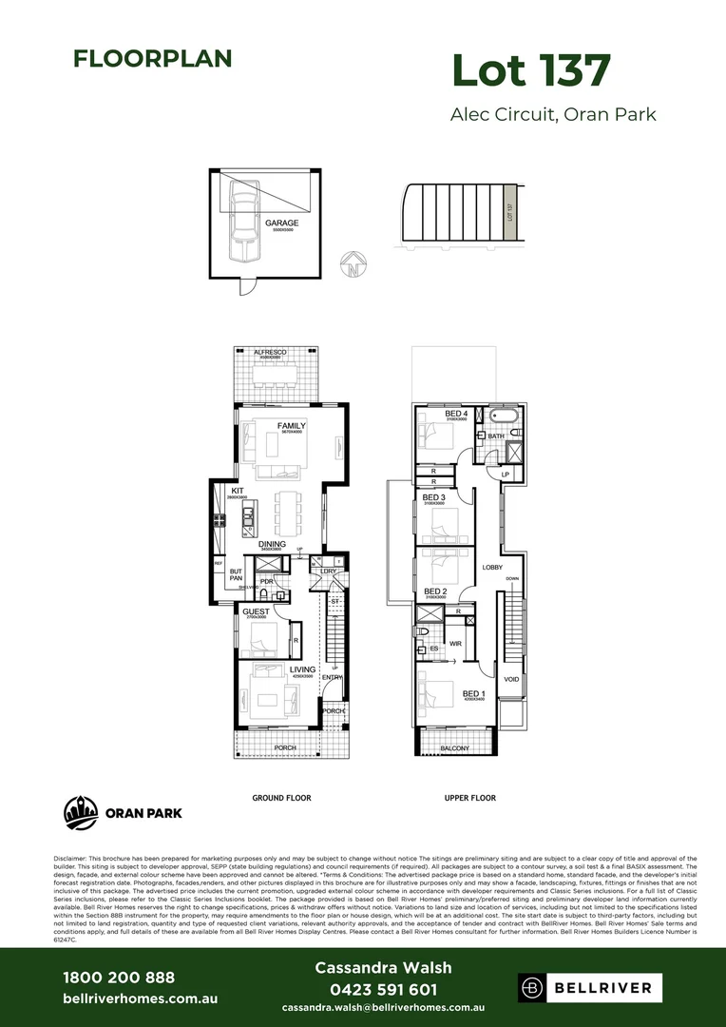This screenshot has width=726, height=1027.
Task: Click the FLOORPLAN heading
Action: (x=152, y=58)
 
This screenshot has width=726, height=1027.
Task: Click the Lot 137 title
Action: (x=529, y=71)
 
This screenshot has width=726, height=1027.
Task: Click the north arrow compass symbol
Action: (x=353, y=263)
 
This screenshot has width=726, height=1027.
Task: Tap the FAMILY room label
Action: (x=291, y=425)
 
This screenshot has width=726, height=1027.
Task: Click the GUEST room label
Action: (x=256, y=611)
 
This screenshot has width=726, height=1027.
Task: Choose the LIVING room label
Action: (x=302, y=670)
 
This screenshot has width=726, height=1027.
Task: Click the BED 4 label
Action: (x=456, y=414)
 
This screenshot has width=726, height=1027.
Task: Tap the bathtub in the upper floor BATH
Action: (x=502, y=417)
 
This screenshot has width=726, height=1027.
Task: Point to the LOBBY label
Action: (x=492, y=567)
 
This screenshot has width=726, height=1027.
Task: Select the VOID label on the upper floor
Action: (x=511, y=679)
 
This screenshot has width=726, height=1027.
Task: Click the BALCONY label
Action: (x=454, y=748)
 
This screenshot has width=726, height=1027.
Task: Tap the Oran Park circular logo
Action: (x=80, y=813)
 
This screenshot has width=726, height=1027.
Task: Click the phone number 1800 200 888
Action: (x=119, y=977)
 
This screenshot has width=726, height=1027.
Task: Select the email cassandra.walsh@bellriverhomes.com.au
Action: (x=383, y=1007)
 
